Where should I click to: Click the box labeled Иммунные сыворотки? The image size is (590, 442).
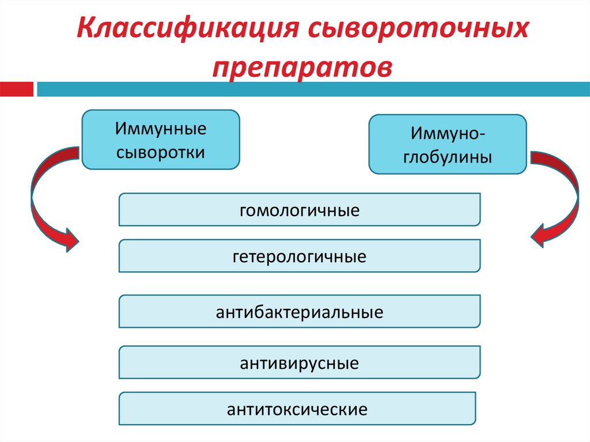[x=160, y=139]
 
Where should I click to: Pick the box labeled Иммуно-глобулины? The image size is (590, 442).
[x=447, y=144]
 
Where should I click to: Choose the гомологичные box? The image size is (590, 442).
[x=299, y=209]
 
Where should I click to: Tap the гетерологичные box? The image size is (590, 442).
[x=299, y=256]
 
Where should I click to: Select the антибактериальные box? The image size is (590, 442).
[x=299, y=312]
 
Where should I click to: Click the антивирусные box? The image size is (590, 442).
[x=299, y=362]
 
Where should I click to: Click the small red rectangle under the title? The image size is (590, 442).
[x=17, y=89]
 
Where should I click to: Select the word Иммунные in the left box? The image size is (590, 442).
[x=160, y=128]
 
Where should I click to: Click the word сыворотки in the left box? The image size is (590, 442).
[x=160, y=152]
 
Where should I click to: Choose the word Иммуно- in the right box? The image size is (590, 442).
[x=447, y=133]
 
